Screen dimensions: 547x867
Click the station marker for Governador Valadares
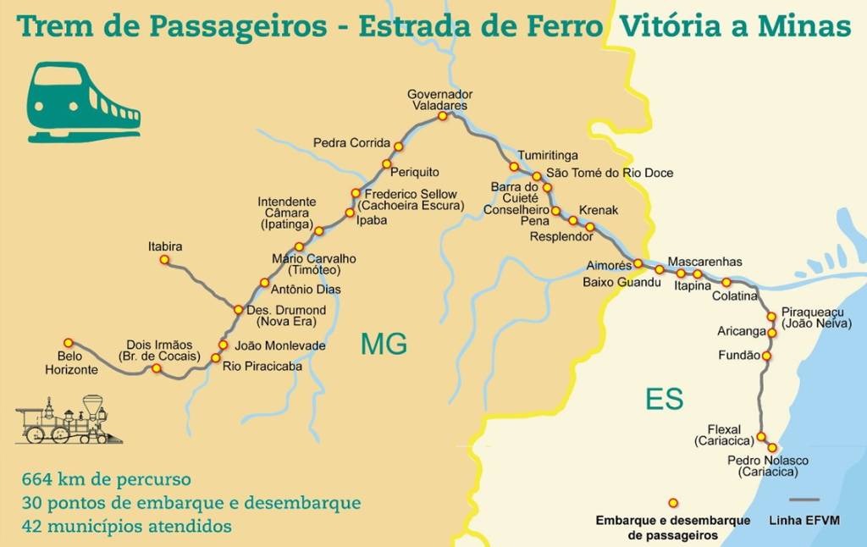pos(442,117)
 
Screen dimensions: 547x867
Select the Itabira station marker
pos(165,260)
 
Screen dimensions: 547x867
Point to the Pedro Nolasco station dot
pos(772,447)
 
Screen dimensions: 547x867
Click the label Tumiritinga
pos(548,156)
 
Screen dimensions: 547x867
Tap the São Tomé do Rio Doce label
pos(610,173)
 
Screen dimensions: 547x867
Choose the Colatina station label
pos(734,296)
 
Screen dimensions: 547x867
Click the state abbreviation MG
pos(384,344)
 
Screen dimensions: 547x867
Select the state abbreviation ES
pos(664,400)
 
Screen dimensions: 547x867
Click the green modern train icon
pos(83,102)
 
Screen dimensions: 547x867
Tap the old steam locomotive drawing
pos(68,420)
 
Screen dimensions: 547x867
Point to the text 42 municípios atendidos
pos(127,526)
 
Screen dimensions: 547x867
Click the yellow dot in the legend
pos(673,502)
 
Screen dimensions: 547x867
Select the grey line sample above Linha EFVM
pos(803,500)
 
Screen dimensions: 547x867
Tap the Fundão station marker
pos(766,356)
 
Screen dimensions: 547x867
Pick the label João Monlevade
pos(279,345)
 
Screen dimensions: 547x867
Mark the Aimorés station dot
pos(638,263)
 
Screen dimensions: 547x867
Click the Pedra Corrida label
pos(351,143)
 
